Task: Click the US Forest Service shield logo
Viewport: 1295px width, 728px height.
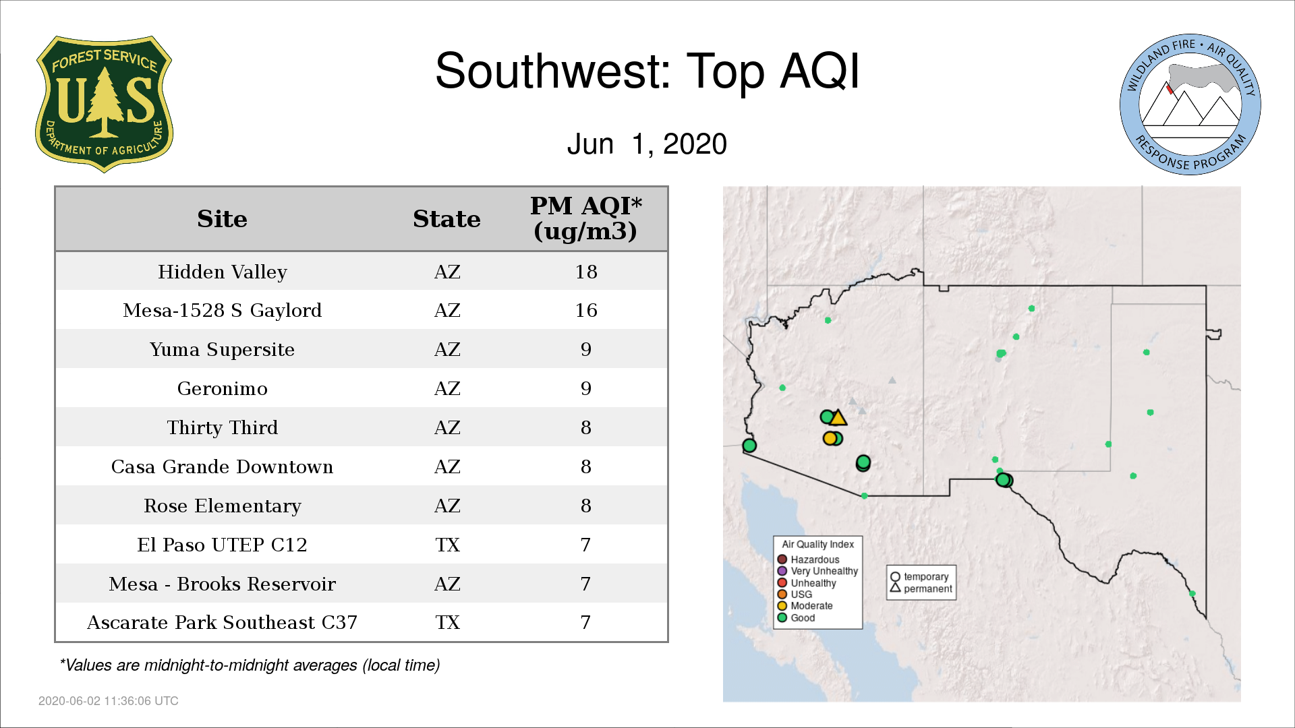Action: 104,104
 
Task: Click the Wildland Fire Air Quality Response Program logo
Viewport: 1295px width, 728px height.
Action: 1190,104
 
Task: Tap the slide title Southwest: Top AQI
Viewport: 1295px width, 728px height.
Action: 647,71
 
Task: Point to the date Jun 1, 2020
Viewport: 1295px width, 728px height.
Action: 647,144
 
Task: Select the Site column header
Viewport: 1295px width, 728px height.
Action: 222,219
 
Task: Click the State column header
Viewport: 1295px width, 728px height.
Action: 447,219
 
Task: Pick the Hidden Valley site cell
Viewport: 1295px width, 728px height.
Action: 223,272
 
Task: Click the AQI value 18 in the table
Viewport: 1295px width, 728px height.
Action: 586,272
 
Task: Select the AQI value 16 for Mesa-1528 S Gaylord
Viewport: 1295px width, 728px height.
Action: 586,310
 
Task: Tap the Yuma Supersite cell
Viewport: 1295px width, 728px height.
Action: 222,349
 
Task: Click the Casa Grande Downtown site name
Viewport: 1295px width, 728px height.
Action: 222,466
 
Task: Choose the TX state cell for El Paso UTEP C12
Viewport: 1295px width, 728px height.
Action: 447,545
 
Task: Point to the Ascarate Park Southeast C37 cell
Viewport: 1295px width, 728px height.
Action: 222,622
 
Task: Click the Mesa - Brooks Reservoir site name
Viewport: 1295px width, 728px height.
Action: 222,584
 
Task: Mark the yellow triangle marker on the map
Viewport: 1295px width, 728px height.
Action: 838,419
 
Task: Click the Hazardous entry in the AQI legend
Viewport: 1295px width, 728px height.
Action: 809,559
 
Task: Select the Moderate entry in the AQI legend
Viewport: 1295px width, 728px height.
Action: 805,605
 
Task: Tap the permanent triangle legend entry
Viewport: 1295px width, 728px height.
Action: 921,588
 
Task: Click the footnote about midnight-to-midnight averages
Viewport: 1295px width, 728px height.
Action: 250,665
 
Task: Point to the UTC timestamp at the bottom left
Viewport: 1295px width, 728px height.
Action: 109,701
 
